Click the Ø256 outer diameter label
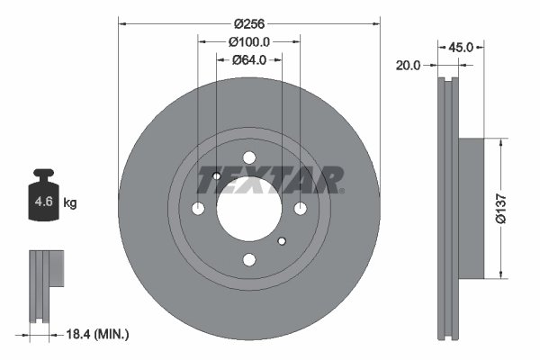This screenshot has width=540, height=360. click(249, 23)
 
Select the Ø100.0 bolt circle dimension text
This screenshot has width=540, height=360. click(249, 41)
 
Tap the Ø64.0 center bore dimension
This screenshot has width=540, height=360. click(249, 60)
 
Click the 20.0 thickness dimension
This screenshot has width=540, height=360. click(409, 64)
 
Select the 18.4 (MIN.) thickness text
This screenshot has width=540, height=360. click(99, 334)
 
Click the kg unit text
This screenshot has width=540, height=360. click(70, 203)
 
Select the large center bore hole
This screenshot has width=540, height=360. click(249, 209)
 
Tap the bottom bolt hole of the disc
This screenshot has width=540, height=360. click(249, 260)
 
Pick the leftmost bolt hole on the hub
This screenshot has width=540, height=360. click(199, 209)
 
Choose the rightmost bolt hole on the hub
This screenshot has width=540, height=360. click(300, 209)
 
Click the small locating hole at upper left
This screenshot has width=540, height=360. click(217, 176)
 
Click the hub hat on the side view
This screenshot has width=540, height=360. click(471, 208)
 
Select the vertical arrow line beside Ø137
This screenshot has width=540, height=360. click(498, 208)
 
